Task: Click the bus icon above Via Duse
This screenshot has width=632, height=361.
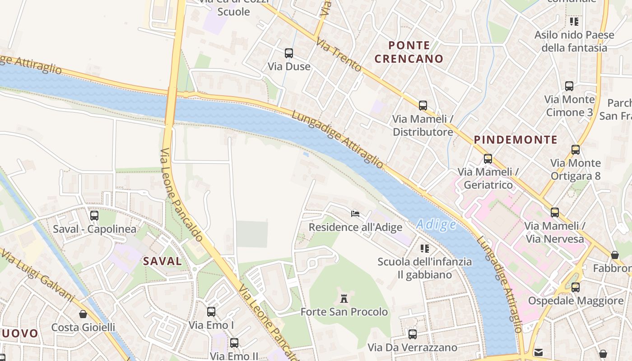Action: tap(289, 53)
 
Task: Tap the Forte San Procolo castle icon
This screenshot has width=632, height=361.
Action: tap(344, 298)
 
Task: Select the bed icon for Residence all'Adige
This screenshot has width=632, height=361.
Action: tap(355, 213)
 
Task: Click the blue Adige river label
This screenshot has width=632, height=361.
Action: tap(436, 224)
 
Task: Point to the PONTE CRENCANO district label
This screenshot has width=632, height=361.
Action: tap(409, 52)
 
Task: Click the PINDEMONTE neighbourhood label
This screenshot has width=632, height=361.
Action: tap(516, 140)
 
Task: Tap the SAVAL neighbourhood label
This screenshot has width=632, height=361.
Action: tap(162, 261)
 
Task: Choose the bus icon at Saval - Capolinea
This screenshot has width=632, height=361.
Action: tap(94, 216)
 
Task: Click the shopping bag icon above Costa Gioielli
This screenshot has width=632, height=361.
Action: tap(83, 314)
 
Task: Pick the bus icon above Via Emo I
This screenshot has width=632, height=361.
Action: tap(211, 311)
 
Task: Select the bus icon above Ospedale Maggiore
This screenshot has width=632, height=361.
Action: tap(575, 287)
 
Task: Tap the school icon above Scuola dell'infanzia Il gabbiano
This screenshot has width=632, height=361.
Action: tap(424, 248)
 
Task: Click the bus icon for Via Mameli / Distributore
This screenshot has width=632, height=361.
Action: tap(423, 106)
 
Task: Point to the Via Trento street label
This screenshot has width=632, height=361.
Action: tap(339, 55)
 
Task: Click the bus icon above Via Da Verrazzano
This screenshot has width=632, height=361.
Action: tap(412, 334)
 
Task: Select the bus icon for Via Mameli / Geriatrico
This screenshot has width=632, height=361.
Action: tap(488, 159)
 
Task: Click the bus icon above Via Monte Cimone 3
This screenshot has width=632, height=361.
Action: tap(569, 86)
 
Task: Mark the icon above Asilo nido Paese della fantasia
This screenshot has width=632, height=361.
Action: tap(574, 21)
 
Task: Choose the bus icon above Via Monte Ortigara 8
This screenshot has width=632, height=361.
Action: tap(575, 150)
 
